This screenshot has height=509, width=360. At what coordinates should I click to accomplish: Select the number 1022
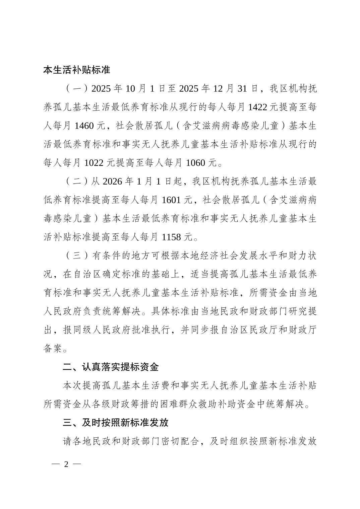tap(95, 163)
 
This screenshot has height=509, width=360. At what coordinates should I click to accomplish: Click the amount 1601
tap(172, 200)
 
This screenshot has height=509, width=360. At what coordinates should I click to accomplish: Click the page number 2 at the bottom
tap(66, 464)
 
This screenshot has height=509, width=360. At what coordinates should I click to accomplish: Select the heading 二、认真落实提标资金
tap(111, 367)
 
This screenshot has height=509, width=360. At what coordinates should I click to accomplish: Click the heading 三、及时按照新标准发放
tap(115, 423)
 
